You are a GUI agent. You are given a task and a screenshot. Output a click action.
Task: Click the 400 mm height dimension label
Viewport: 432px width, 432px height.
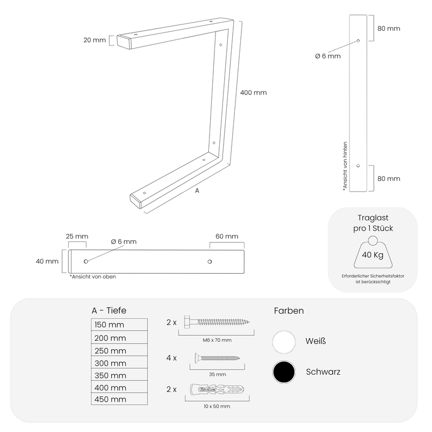[253, 92]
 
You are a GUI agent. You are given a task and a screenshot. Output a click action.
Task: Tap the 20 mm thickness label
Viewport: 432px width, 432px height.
[94, 40]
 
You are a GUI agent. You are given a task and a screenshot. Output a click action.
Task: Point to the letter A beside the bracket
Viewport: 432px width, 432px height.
[197, 191]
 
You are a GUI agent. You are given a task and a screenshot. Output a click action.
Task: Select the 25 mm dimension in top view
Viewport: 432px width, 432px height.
[77, 237]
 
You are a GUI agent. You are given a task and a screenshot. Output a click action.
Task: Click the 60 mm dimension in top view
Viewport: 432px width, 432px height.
[227, 237]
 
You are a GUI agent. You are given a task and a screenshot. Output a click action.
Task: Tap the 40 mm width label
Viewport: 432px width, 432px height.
[47, 261]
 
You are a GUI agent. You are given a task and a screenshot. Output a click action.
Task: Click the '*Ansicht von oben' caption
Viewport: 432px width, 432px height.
[92, 276]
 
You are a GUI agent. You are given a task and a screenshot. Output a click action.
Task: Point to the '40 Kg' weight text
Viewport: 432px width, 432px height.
[373, 255]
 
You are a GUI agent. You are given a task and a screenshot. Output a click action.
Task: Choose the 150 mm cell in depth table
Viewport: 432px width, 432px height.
[119, 325]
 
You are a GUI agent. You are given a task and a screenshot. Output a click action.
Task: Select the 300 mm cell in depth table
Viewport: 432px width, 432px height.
[119, 362]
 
